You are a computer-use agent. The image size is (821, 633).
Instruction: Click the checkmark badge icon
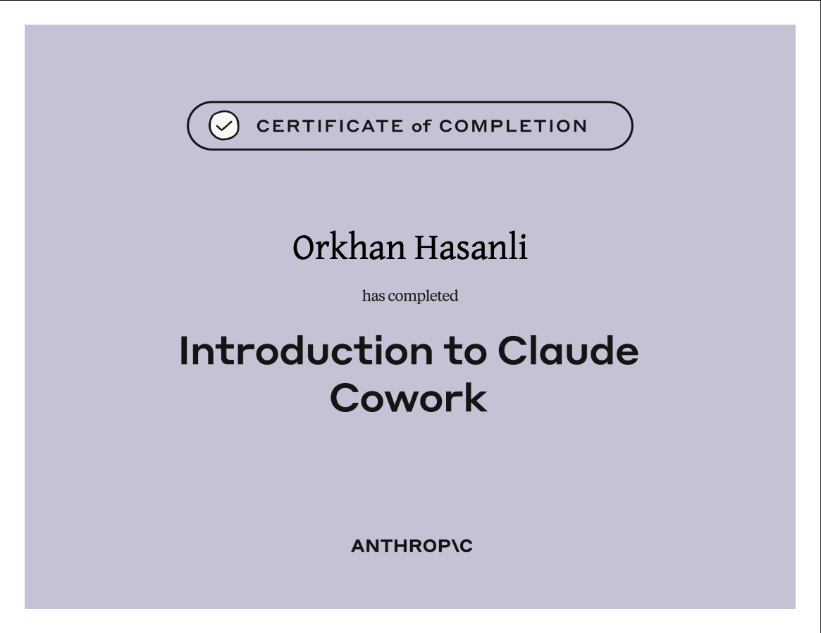[224, 125]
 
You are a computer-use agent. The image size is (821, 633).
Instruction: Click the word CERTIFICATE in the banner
[330, 126]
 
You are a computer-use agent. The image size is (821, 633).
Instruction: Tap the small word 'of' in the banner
[421, 126]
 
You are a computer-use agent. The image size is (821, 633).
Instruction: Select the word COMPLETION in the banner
[513, 126]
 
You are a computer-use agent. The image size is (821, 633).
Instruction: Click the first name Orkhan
[349, 247]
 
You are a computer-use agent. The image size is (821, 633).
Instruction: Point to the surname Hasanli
[471, 247]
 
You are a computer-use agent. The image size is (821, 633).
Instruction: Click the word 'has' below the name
[374, 296]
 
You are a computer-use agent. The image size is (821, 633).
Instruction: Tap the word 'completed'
[423, 296]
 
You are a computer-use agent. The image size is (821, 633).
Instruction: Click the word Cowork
[409, 398]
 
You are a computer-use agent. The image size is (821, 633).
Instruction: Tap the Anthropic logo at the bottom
[412, 546]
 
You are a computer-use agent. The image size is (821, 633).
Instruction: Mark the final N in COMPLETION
[581, 126]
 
